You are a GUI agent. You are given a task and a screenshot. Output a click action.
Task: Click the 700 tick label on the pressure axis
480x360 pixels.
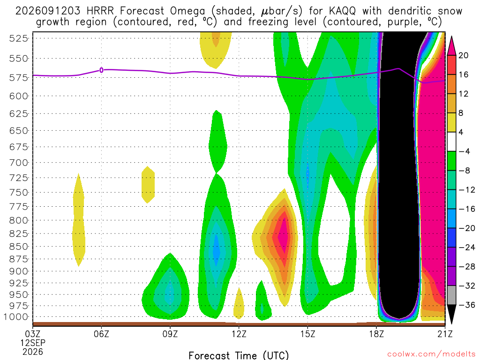18,163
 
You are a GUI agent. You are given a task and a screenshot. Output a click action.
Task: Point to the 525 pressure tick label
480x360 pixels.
18,38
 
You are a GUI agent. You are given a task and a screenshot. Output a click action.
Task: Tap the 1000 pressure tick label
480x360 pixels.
16,317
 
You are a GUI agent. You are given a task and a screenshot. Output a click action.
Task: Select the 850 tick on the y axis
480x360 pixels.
18,247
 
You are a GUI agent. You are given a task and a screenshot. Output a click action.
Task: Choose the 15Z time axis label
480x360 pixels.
307,334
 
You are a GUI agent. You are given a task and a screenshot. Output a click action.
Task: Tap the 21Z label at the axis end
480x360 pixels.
445,334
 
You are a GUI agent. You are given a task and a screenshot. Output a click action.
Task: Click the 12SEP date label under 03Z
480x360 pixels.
33,343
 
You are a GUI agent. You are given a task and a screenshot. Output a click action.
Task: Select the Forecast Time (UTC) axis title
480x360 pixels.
239,355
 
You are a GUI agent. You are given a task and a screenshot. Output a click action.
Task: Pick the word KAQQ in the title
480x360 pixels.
342,11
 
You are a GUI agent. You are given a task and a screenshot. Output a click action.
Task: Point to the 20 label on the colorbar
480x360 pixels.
463,55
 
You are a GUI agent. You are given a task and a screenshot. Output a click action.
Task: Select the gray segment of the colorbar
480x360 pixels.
451,295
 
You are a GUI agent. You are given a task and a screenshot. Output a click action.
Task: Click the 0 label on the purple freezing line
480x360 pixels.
101,70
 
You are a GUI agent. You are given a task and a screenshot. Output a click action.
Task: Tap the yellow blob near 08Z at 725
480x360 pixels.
148,185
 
